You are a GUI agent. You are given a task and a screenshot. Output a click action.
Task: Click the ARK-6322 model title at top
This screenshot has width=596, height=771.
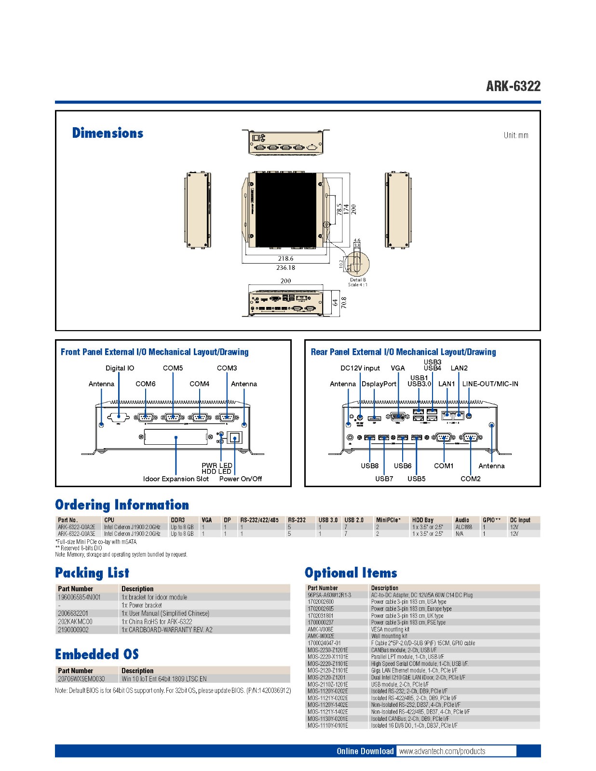coord(513,86)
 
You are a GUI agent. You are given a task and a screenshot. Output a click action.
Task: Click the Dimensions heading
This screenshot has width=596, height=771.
coord(108,133)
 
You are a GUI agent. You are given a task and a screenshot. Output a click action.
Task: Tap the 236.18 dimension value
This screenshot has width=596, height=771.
coord(285,267)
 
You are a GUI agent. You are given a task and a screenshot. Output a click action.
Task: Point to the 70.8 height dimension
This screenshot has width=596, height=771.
coord(343,303)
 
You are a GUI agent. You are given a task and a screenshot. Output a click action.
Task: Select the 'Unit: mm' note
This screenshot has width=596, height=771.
coord(516,135)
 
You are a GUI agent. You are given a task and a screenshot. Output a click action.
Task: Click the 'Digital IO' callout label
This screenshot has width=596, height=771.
coord(120,368)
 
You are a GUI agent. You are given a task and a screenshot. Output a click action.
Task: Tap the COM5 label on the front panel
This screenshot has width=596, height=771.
coord(173,368)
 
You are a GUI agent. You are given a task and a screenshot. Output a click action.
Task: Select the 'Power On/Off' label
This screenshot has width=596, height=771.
coord(241,479)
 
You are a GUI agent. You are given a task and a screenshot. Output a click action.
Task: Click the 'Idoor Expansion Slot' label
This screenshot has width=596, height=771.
coord(176,479)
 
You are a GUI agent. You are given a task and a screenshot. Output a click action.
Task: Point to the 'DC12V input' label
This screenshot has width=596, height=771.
coord(360,368)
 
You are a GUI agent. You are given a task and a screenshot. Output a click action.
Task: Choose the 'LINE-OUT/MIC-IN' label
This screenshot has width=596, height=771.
coord(490,384)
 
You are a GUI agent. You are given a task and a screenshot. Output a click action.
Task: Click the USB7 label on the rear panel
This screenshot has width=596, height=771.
coord(384,479)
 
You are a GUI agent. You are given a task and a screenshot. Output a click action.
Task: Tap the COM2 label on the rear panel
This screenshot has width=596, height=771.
coord(470,479)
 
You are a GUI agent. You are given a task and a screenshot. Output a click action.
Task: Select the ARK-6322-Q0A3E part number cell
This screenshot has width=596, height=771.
coord(76,534)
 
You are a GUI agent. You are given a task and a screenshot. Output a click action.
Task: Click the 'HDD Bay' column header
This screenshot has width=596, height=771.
coord(422,520)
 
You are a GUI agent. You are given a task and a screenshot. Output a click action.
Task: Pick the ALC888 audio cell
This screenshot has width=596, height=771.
coord(463,527)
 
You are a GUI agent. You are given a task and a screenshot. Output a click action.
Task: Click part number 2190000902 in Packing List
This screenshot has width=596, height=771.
coord(73,630)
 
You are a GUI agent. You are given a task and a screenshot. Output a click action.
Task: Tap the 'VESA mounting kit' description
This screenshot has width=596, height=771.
coord(390,629)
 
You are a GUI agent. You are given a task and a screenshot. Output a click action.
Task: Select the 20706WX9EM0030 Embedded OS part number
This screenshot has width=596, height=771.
coord(81,679)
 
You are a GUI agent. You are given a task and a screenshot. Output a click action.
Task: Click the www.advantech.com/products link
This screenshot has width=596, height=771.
coord(442,751)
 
